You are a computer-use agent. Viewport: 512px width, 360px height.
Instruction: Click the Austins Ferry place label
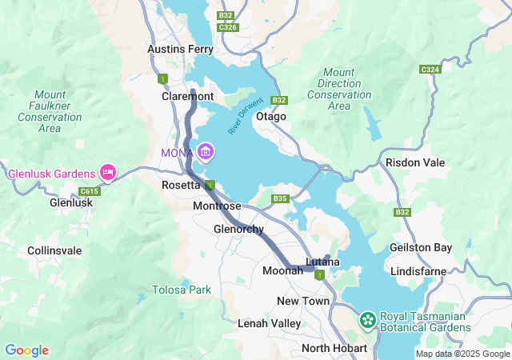tap(181, 50)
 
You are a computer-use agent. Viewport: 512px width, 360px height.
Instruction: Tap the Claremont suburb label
tap(188, 96)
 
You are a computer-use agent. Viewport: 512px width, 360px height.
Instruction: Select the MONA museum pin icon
tap(206, 151)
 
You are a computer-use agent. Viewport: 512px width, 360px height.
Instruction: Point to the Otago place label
tap(270, 117)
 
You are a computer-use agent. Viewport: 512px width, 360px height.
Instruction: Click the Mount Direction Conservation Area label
tap(339, 89)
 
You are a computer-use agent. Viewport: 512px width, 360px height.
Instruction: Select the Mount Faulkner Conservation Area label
tap(50, 111)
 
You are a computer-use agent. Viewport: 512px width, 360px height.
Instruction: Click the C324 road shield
tap(430, 70)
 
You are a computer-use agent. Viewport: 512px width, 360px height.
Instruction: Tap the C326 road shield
tap(228, 27)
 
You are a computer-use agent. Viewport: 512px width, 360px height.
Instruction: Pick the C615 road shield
tap(89, 191)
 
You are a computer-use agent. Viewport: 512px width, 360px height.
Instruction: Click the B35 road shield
tap(279, 198)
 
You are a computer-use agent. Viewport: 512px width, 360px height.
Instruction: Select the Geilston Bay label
tap(420, 248)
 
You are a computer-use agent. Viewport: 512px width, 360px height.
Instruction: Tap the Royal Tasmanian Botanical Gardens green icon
tap(368, 320)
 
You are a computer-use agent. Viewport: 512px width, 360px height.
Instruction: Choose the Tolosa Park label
tap(182, 290)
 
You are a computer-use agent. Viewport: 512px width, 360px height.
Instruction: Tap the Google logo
tap(26, 350)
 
